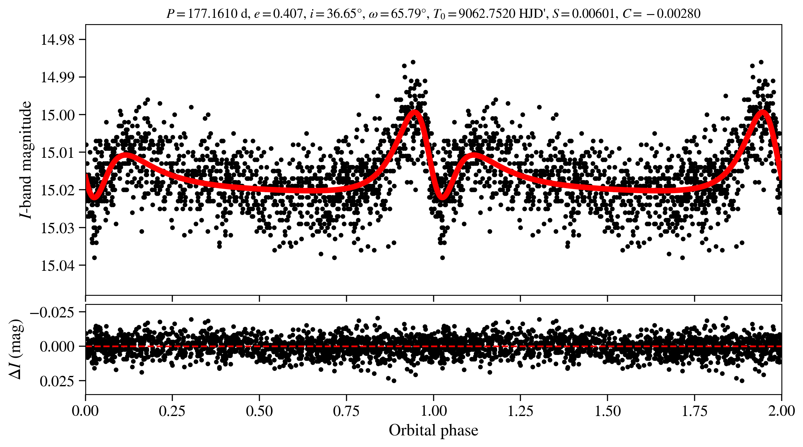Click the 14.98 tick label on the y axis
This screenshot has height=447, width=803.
point(58,40)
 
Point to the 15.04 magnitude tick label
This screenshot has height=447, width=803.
point(58,266)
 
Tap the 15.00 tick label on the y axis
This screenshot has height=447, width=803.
point(58,115)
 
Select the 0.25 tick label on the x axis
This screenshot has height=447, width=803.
point(172,411)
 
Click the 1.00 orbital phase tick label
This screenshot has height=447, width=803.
point(433,411)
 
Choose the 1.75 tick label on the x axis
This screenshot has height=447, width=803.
point(694,411)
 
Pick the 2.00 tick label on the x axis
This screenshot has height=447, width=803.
point(781,411)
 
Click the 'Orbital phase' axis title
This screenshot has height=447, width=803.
point(433,430)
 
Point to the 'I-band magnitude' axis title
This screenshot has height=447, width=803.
point(26,160)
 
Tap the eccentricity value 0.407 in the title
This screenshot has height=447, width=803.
point(288,14)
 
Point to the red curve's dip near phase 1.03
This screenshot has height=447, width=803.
point(442,198)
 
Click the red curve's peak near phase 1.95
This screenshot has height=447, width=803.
point(763,112)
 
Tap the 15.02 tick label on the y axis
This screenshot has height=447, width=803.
point(58,190)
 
